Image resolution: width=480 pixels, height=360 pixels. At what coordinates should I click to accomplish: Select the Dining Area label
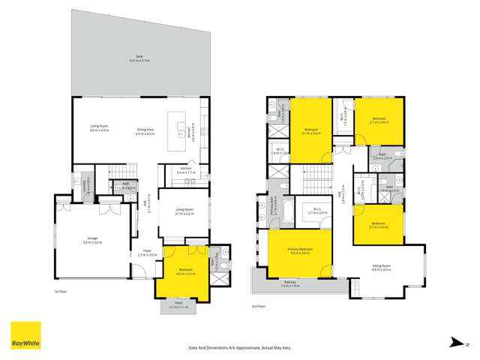145,130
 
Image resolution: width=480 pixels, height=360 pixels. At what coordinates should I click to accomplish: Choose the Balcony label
290,283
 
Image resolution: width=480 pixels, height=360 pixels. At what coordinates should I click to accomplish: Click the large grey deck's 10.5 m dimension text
139,61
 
